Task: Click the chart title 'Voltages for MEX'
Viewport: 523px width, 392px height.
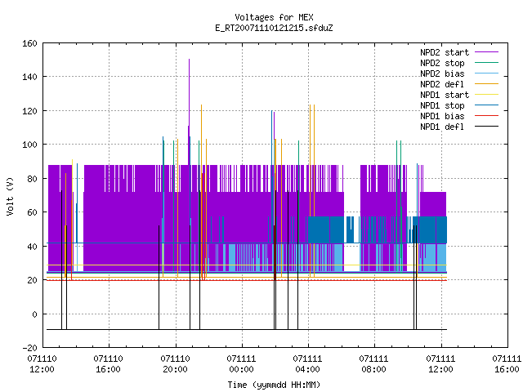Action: pos(274,17)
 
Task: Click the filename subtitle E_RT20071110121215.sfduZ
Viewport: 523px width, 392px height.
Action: pos(274,28)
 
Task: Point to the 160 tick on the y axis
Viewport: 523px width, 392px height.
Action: pos(29,43)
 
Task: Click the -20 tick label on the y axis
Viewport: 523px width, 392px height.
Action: pos(29,348)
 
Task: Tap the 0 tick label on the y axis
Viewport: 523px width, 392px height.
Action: pos(34,314)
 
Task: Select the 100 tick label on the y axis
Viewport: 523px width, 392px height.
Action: pos(29,145)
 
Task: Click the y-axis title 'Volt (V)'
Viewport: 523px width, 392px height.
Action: pos(11,196)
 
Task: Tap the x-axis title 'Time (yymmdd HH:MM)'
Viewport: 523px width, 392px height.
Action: pos(274,385)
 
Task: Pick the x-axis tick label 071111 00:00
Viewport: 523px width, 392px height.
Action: pos(241,364)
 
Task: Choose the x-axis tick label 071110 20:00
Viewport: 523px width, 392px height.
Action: pos(175,364)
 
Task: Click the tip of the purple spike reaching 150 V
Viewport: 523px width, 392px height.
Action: pos(189,60)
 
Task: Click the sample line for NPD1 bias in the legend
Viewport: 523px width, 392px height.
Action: pos(486,116)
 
